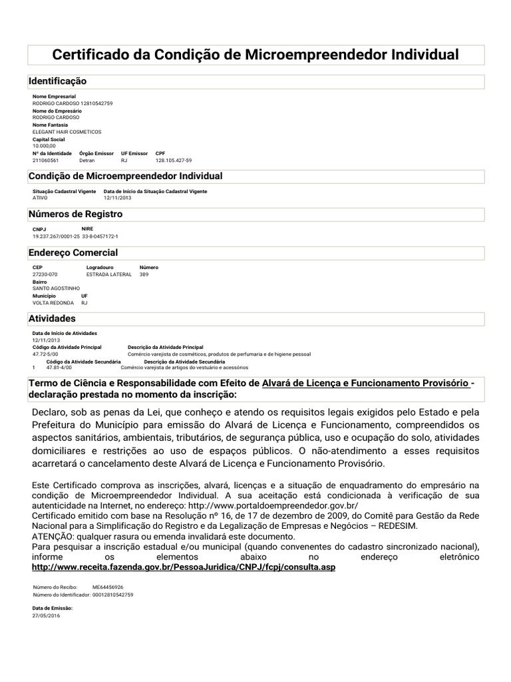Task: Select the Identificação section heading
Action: (x=57, y=81)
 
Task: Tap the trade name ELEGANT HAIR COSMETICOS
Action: (x=67, y=132)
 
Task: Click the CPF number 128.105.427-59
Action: (x=174, y=161)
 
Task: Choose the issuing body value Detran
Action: (x=88, y=161)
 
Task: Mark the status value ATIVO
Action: (x=41, y=198)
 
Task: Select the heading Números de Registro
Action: (x=75, y=214)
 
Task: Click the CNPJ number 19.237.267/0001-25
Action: (x=56, y=236)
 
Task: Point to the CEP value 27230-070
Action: (x=45, y=274)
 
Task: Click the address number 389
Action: (x=144, y=274)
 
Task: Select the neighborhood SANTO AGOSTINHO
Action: (x=56, y=288)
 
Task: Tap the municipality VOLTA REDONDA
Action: (x=53, y=302)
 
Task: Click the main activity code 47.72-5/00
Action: (x=46, y=354)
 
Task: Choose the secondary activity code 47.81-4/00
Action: (x=59, y=367)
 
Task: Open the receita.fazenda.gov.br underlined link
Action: (x=184, y=567)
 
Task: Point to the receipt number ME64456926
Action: (x=108, y=587)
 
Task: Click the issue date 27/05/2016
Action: (x=46, y=616)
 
